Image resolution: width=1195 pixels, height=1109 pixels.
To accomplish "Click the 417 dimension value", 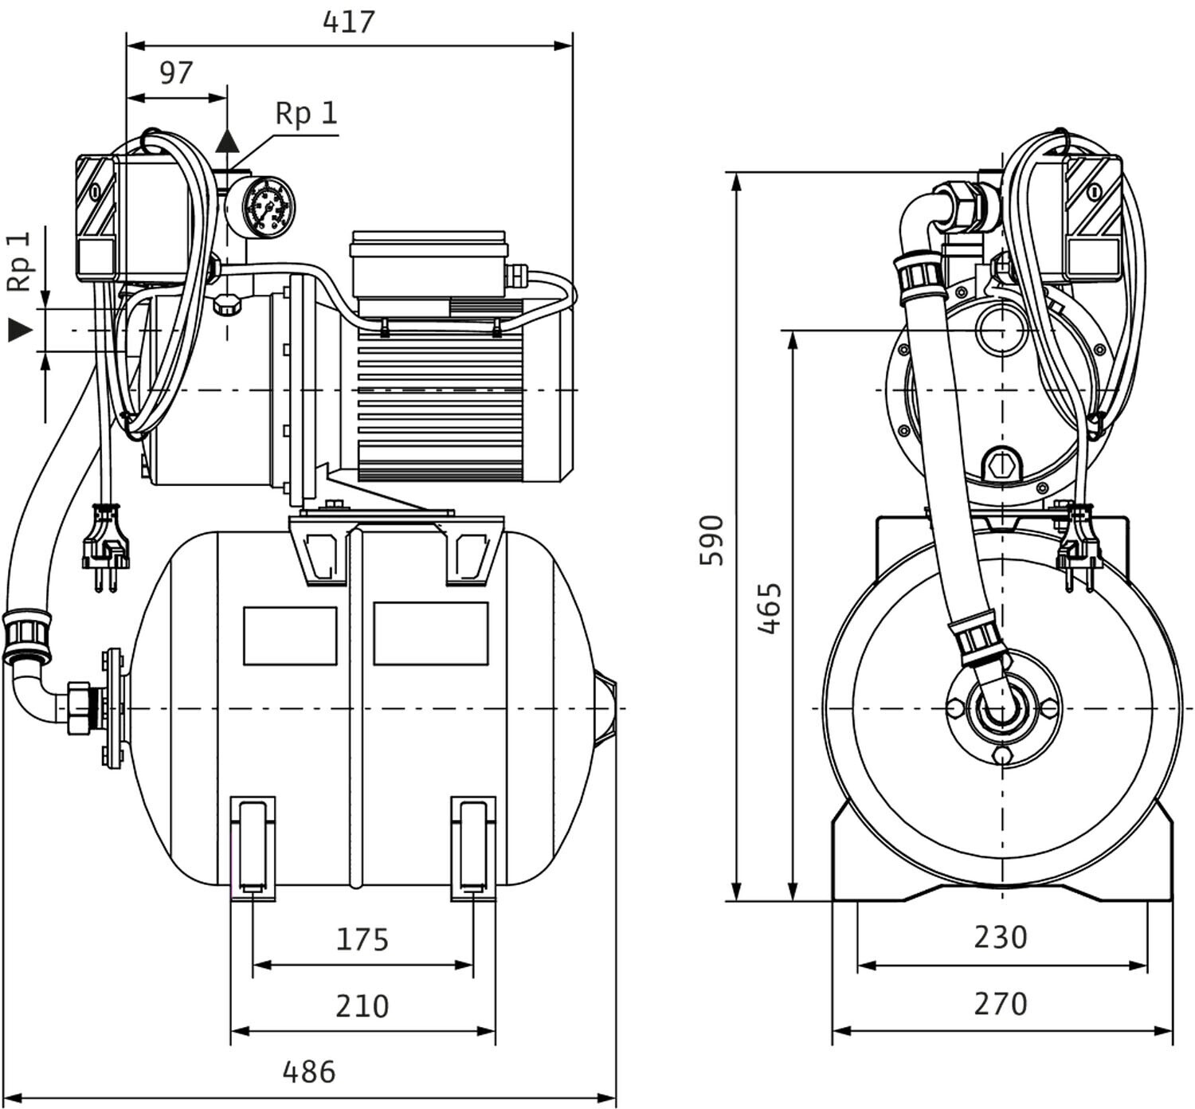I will [348, 22].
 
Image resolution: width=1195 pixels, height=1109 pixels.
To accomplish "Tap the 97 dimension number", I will [176, 72].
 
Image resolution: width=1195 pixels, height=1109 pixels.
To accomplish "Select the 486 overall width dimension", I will [309, 1072].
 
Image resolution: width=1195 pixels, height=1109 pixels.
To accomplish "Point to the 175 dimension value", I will [362, 939].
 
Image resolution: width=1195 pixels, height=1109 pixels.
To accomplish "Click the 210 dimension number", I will [362, 1006].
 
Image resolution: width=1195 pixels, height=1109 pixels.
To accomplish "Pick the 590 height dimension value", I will [711, 540].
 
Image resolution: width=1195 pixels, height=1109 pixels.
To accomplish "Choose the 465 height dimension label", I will [770, 608].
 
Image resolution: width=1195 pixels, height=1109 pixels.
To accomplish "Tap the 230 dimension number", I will [1001, 937].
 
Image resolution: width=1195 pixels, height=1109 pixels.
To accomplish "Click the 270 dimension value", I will [1001, 1004].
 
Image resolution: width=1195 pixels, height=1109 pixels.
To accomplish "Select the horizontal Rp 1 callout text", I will [307, 113].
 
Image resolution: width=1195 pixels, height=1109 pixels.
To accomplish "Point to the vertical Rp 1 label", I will [19, 261].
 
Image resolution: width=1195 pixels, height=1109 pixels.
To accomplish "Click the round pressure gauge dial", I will [260, 206].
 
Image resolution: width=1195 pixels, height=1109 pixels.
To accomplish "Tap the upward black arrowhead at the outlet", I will [227, 141].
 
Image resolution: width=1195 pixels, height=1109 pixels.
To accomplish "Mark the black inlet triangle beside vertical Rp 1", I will [20, 329].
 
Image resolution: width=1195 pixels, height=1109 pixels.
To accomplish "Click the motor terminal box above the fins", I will [429, 265].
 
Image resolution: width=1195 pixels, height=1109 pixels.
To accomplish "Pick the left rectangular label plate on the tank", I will [290, 636].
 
